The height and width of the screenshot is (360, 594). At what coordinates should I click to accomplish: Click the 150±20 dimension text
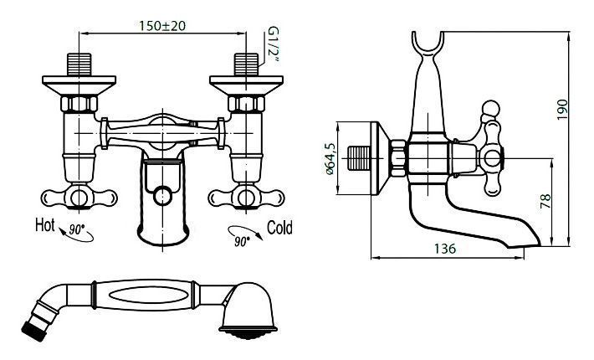[x=162, y=26]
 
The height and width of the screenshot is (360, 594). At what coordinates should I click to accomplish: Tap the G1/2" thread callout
[x=273, y=44]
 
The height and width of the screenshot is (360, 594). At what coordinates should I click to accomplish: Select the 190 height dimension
[x=562, y=110]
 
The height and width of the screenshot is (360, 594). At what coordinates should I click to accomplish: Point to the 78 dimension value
[x=545, y=202]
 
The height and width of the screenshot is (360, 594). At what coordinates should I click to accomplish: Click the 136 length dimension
[x=445, y=249]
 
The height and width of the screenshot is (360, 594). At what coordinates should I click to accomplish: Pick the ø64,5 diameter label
[x=330, y=159]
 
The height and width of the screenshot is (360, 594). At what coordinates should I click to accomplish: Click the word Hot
[x=45, y=224]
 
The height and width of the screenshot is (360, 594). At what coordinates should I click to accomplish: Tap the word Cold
[x=279, y=228]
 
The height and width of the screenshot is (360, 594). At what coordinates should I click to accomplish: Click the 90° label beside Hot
[x=76, y=229]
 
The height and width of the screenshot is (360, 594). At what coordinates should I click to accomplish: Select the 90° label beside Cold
[x=241, y=241]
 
